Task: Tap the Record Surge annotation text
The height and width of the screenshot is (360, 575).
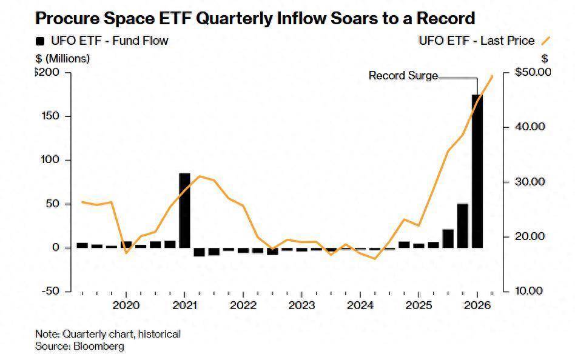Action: [403, 76]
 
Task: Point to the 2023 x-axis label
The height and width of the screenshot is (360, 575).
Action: [301, 304]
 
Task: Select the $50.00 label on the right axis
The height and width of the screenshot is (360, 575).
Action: [533, 72]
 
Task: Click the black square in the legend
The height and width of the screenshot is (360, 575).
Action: [41, 41]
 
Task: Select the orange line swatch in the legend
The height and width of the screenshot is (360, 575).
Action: [545, 41]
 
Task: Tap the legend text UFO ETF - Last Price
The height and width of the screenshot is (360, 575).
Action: [477, 41]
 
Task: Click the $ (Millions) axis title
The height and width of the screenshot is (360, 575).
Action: [62, 59]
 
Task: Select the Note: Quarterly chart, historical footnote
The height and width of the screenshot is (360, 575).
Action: [108, 334]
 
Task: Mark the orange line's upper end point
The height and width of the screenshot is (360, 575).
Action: [493, 76]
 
